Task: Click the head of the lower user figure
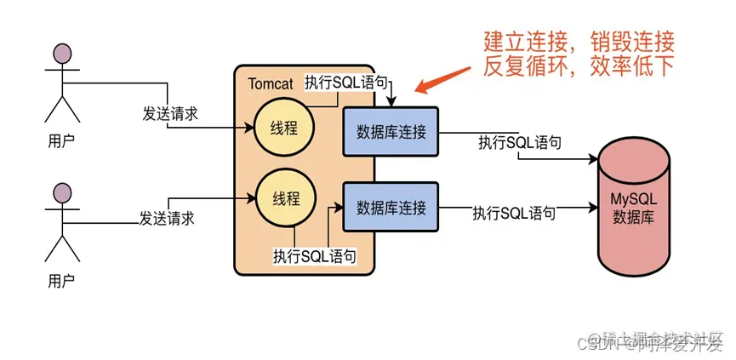(62, 192)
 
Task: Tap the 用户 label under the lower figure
(61, 279)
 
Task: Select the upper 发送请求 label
(170, 114)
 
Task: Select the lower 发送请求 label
(167, 219)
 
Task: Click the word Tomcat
(271, 83)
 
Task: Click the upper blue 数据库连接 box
(391, 131)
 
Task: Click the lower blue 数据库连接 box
(391, 207)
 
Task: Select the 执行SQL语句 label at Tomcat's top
(347, 83)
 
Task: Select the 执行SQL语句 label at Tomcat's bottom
(314, 254)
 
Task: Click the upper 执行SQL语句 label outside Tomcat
(519, 142)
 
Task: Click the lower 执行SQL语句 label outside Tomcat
(515, 213)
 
